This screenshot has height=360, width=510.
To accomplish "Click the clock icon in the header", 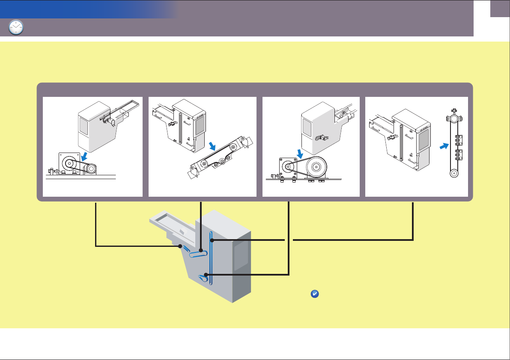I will tap(16, 27).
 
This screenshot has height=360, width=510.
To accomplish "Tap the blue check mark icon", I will tap(313, 294).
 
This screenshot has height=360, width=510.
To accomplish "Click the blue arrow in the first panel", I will tap(86, 156).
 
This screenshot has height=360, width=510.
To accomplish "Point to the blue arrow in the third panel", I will tap(300, 153).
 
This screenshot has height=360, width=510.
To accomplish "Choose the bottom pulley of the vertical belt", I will tap(453, 174).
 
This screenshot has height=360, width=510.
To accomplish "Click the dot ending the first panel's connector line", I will tap(180, 246).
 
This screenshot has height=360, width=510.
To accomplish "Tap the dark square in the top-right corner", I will tap(500, 9).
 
